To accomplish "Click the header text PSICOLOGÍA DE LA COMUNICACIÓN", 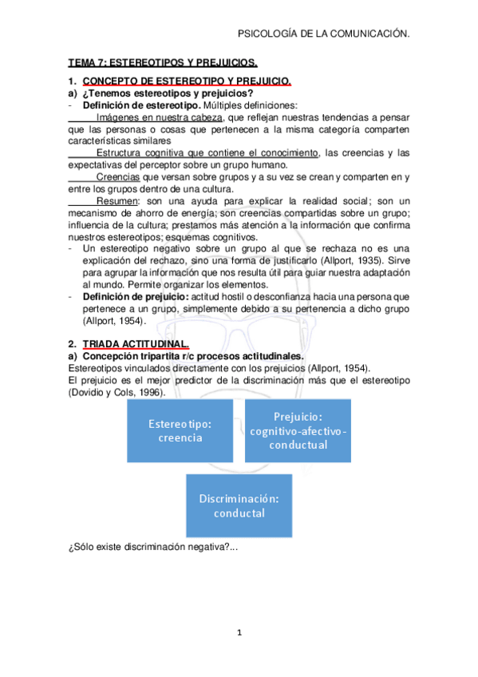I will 324,34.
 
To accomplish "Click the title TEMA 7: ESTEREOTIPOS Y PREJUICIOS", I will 163,61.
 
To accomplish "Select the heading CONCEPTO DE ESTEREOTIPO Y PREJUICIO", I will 187,81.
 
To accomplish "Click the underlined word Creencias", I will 117,176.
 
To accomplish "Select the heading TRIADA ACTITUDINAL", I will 141,343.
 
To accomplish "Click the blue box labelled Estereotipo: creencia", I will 180,430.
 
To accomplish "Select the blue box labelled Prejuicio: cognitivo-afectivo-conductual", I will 298,430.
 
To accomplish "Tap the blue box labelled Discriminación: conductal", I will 239,505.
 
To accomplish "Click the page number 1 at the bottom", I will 239,633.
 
